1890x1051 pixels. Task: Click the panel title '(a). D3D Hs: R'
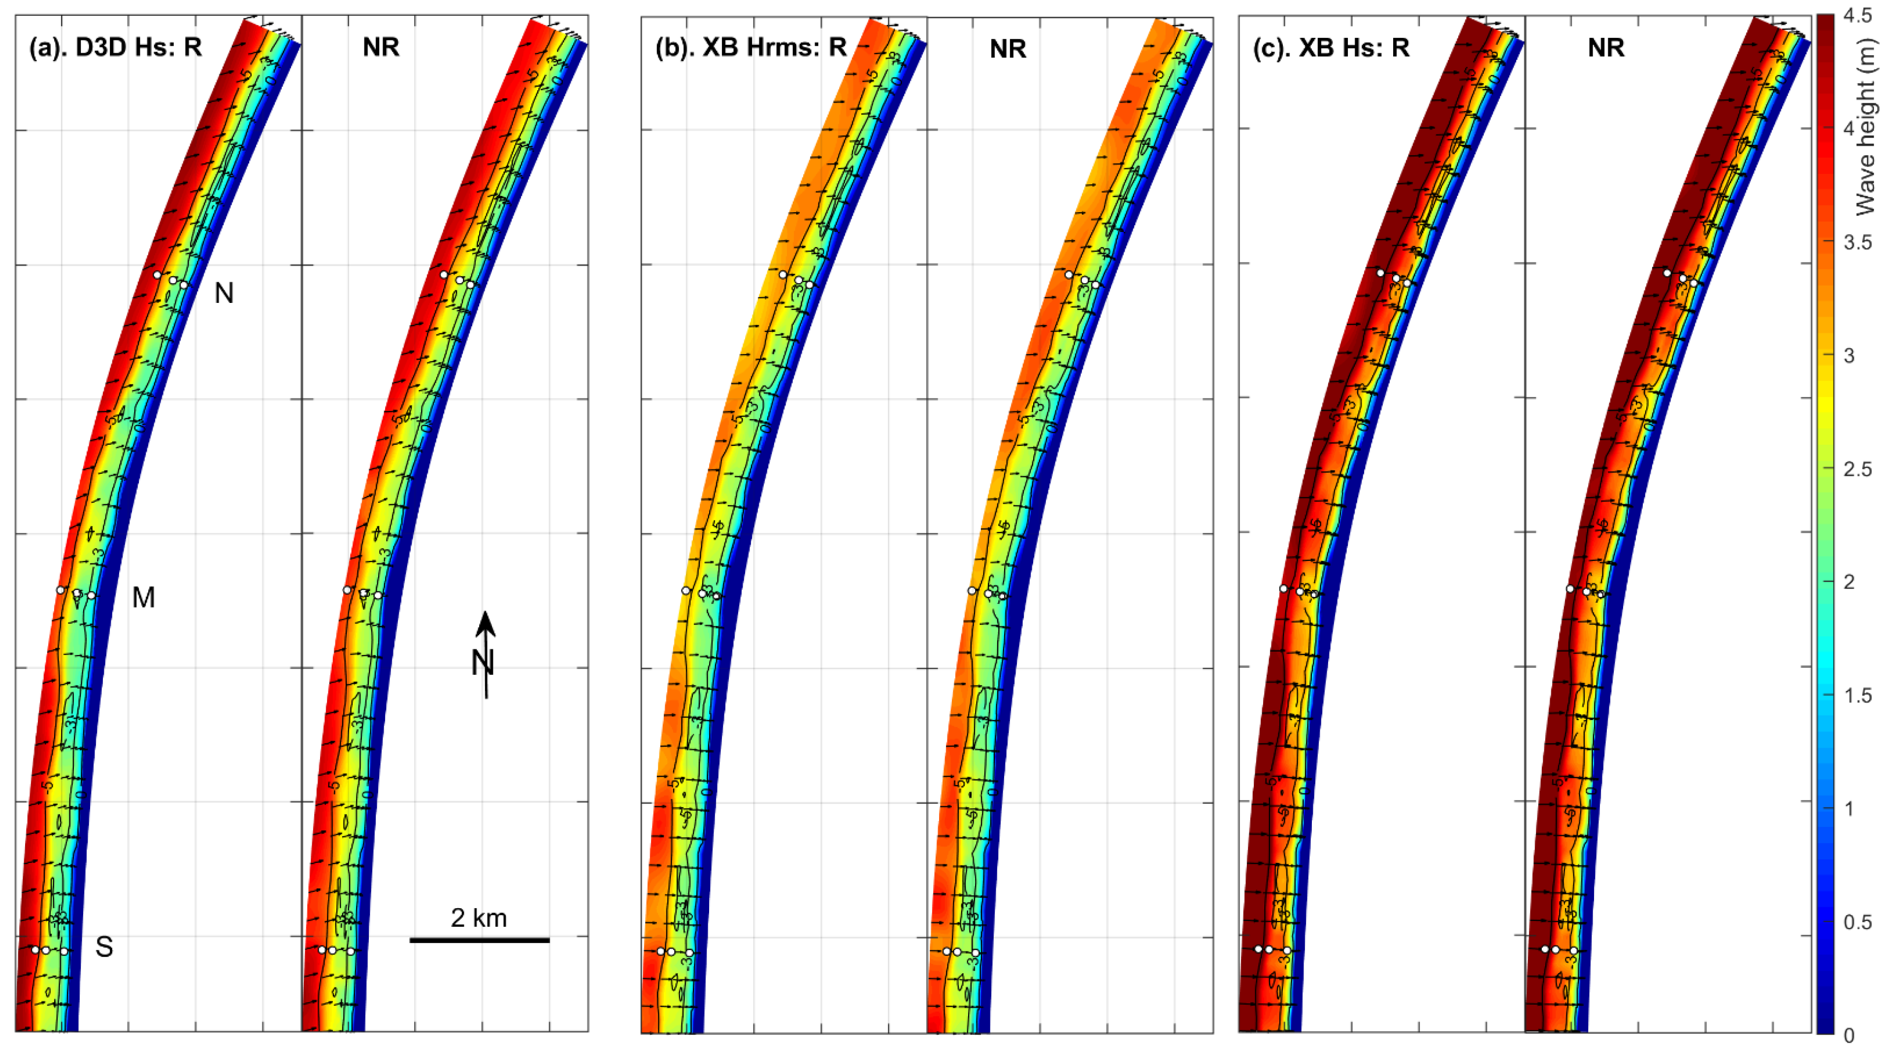[x=115, y=47]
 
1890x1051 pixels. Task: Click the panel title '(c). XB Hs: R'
[x=1331, y=47]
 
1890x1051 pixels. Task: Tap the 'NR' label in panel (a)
[x=381, y=47]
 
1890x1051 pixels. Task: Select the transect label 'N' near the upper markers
[x=224, y=294]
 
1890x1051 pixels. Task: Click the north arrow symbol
[x=485, y=653]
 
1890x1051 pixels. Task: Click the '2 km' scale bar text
[x=478, y=918]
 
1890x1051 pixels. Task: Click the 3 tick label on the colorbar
[x=1849, y=355]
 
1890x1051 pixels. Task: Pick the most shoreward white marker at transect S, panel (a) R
[x=65, y=951]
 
